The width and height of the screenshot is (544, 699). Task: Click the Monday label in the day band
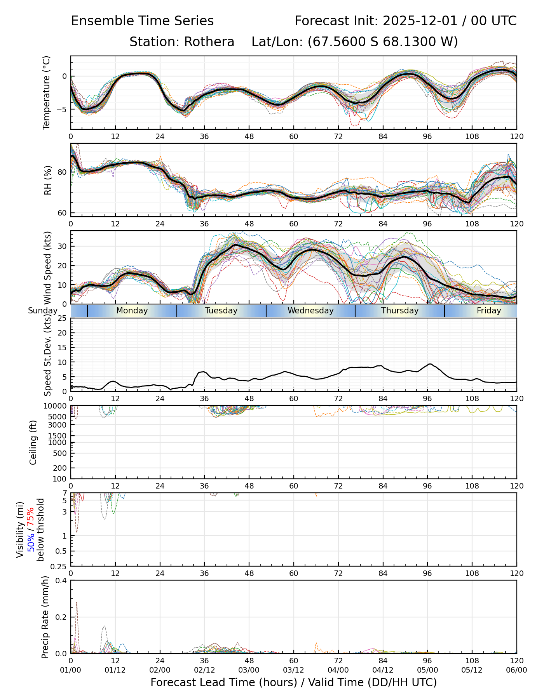coord(132,311)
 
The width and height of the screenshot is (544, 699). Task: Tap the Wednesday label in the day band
coord(310,311)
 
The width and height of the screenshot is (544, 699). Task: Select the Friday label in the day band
coord(489,311)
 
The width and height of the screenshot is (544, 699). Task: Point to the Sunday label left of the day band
coord(43,311)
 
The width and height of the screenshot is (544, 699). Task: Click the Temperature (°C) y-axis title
coord(47,92)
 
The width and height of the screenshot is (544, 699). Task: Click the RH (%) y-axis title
coord(48,180)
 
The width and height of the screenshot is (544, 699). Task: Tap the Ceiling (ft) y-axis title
coord(33,442)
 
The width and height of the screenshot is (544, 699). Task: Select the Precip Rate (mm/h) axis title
coord(45,617)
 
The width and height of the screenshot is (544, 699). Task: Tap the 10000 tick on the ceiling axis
coord(56,406)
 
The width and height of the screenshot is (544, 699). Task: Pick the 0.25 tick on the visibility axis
coord(59,566)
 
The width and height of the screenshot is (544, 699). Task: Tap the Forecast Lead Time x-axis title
coord(293,682)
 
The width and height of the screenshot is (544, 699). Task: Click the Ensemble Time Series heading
coord(142,21)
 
